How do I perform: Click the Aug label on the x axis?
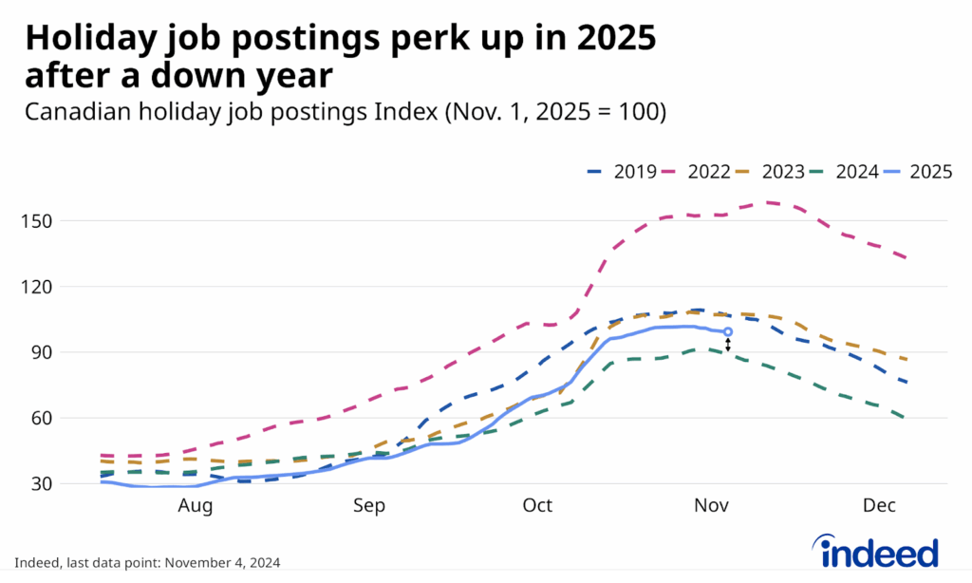click(196, 506)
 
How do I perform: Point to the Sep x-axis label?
click(369, 506)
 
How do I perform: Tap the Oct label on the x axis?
click(537, 506)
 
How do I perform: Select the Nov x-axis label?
click(711, 506)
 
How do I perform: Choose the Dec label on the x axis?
click(879, 506)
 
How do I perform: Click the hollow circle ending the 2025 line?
click(728, 332)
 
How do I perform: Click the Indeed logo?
click(875, 550)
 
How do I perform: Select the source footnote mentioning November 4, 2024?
click(147, 562)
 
